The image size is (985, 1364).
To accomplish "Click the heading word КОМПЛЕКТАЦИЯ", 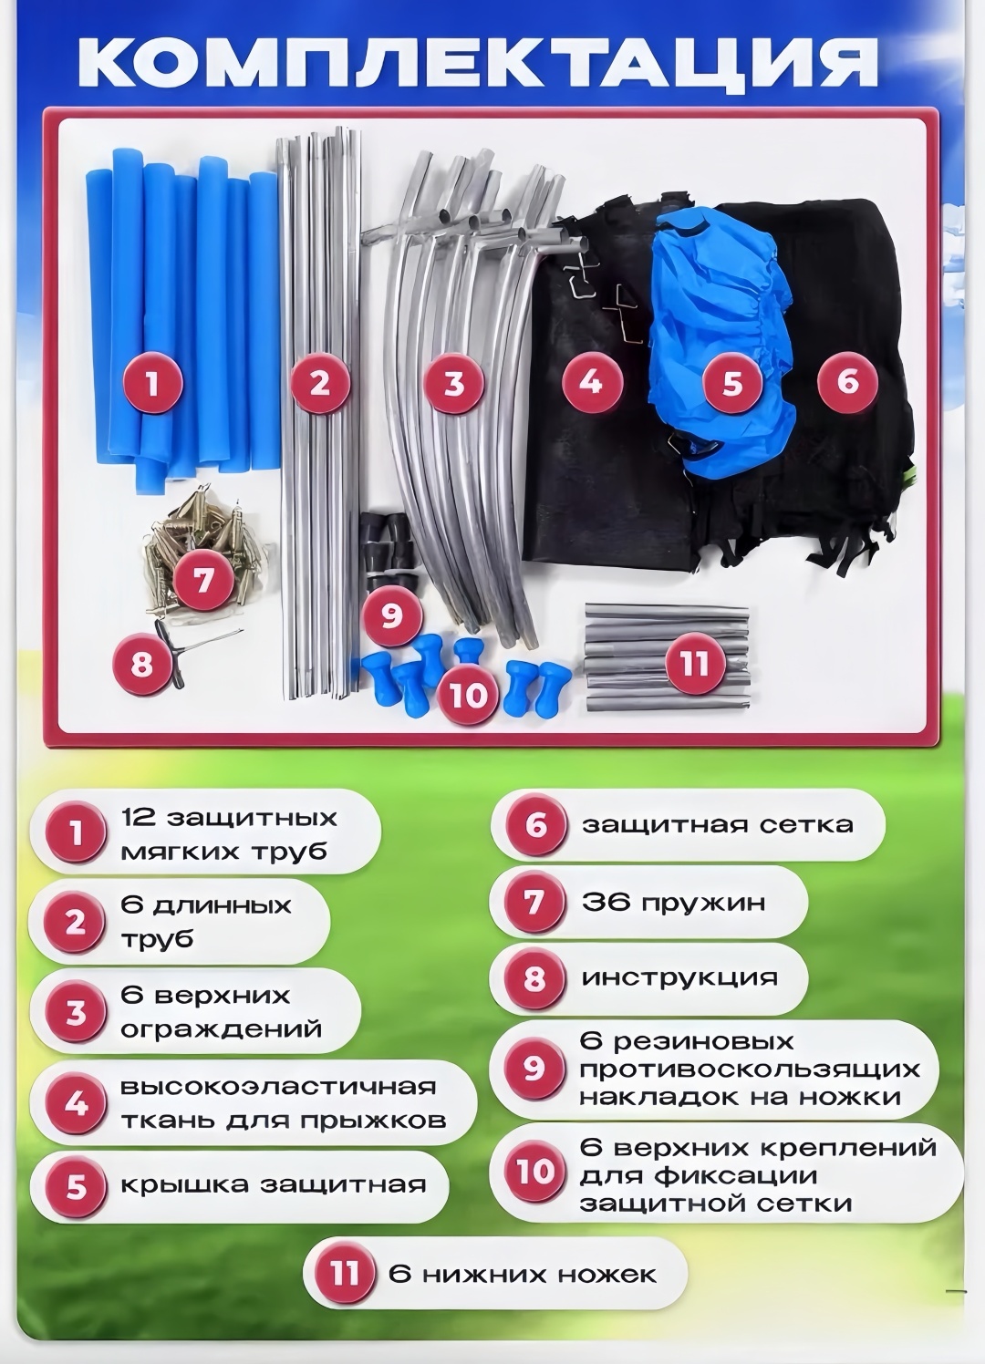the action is coord(478,63).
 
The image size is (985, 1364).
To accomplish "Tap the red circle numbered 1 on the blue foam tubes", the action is coord(152,384).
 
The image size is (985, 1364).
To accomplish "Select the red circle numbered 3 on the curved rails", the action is coord(454,384).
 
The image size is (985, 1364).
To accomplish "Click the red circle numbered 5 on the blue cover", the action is coord(732,384).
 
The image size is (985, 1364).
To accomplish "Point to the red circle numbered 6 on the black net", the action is coord(847,381).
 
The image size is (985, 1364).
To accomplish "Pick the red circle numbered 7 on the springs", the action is coord(203,579).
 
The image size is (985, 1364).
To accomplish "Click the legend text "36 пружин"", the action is coord(673,902).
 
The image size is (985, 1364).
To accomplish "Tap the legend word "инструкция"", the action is coord(679,978).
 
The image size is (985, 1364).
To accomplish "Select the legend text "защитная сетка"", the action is coord(718,825).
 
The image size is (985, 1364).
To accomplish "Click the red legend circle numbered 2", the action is coord(75,924).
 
